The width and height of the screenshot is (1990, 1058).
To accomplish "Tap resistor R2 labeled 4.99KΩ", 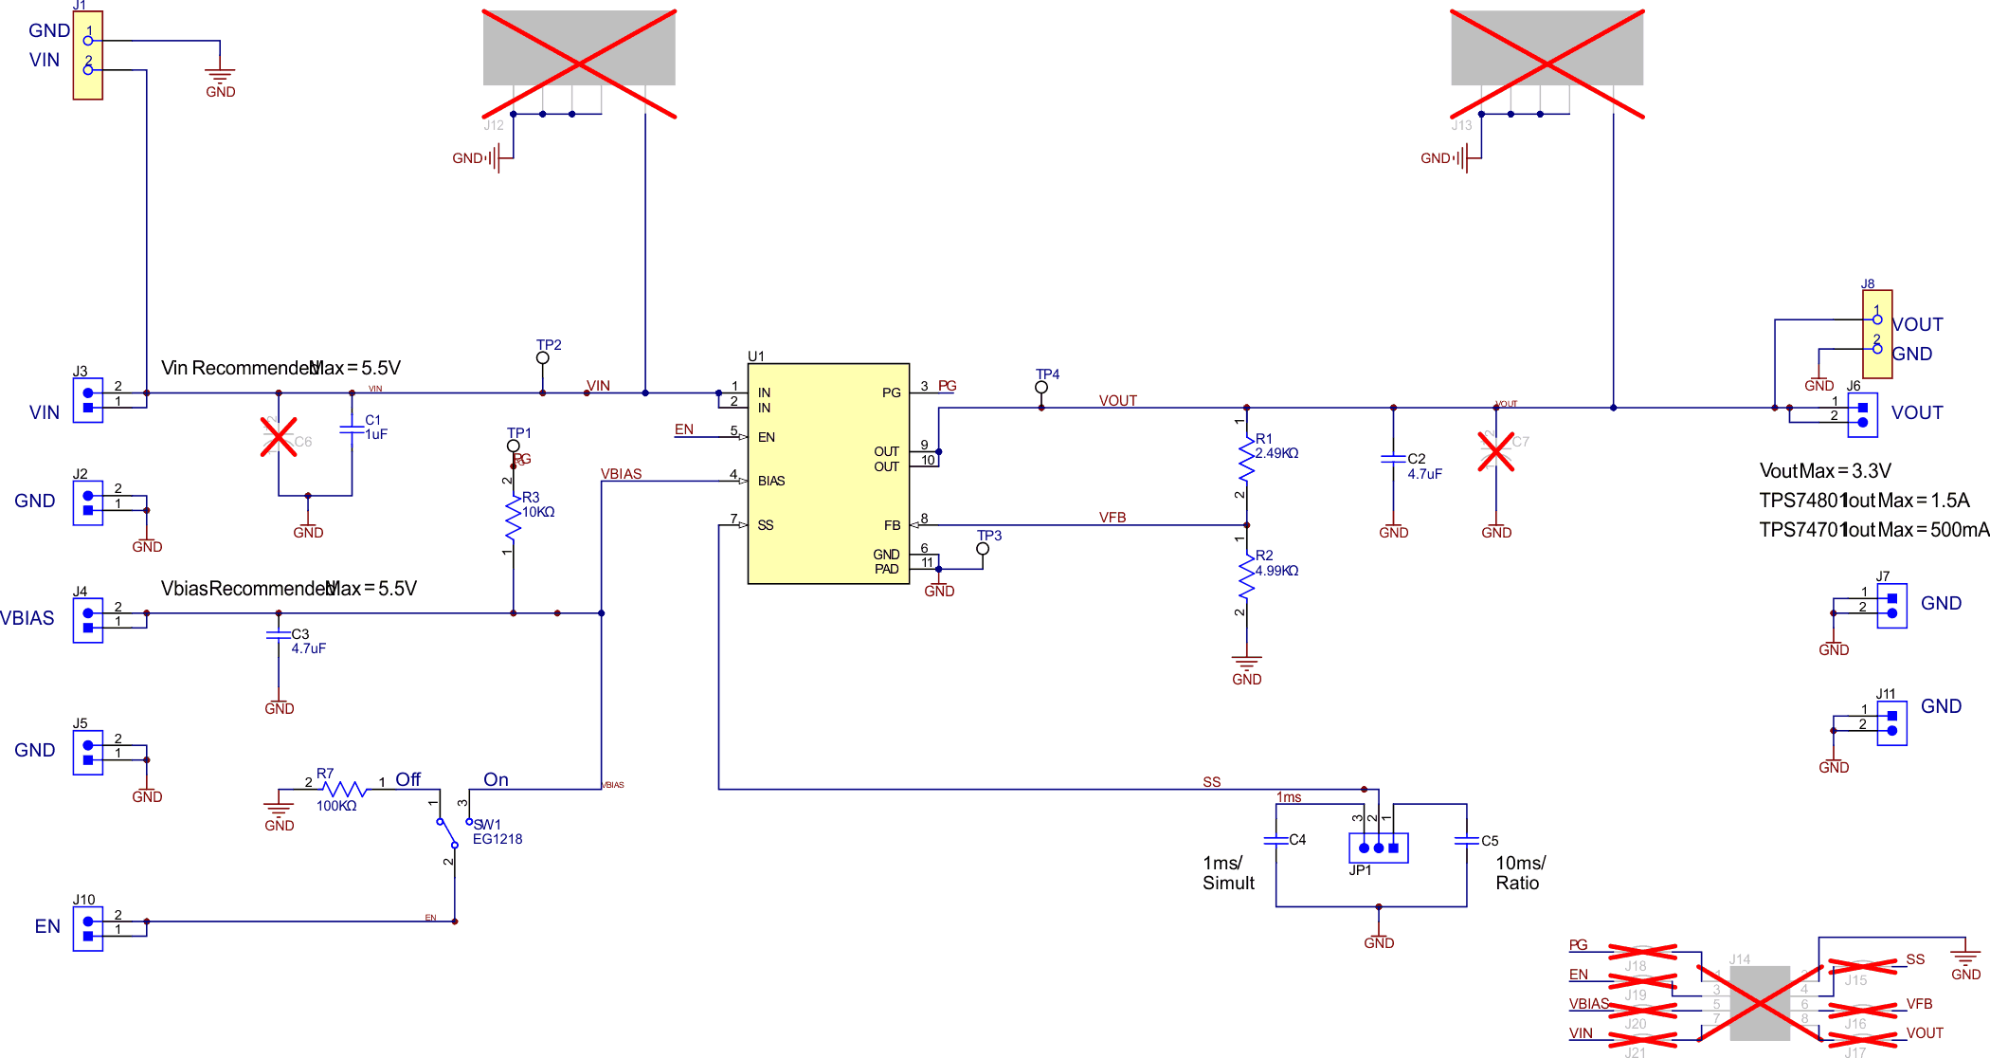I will pos(1246,575).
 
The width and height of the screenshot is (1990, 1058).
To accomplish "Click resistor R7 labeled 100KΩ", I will pos(345,789).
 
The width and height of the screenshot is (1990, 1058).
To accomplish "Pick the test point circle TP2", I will pos(542,358).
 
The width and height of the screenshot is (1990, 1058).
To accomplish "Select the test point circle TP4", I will pos(1040,388).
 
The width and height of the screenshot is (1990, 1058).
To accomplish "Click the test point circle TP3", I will pos(983,549).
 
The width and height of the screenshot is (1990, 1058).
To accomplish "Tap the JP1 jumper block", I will pos(1378,848).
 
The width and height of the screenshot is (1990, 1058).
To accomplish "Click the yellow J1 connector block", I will pos(88,55).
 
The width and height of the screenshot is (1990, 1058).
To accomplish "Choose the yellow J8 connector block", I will pos(1877,334).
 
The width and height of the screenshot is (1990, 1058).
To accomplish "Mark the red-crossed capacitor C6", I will pos(279,437).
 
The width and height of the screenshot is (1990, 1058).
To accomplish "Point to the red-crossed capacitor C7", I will pos(1495,451).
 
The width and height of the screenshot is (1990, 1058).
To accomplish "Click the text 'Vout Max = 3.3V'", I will pos(1824,471).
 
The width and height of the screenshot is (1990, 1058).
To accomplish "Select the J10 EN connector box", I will pos(88,928).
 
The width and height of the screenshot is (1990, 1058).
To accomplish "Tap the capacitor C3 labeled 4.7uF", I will pos(279,635).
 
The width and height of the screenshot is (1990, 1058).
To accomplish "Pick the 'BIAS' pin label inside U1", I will pos(771,481).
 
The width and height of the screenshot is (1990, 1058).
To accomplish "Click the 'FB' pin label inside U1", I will pos(892,525).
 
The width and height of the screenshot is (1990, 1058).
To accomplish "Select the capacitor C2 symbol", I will pos(1393,459).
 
